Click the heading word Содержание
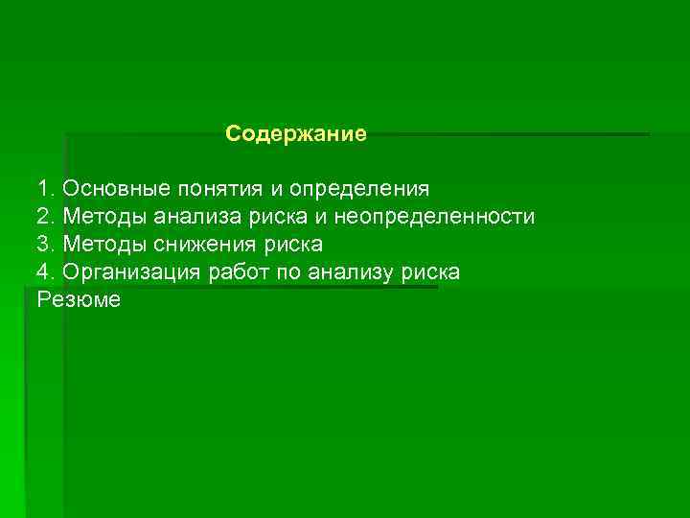[296, 134]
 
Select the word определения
[359, 189]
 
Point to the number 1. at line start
[47, 189]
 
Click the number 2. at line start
[47, 217]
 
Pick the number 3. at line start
[47, 245]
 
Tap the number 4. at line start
[47, 272]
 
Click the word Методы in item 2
[101, 217]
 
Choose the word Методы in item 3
[101, 245]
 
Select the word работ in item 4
[238, 272]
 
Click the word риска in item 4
[431, 272]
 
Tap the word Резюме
[80, 300]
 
